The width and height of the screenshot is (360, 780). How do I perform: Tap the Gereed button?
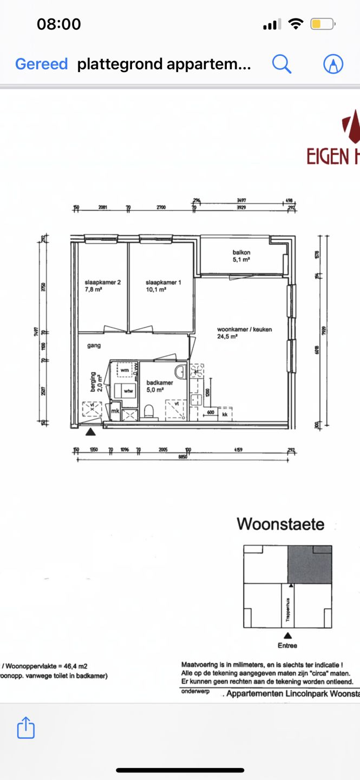41,64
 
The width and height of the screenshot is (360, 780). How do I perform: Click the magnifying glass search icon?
282,64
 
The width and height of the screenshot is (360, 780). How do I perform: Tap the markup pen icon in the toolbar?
333,64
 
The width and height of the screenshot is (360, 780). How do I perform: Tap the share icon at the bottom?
26,727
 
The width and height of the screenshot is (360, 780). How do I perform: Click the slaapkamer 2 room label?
102,285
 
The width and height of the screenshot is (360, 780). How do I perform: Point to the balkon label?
241,256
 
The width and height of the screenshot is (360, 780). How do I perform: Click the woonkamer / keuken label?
244,333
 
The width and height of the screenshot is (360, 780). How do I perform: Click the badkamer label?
160,386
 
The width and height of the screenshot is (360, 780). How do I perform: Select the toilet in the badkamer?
150,413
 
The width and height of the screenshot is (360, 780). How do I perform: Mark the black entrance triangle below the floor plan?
90,431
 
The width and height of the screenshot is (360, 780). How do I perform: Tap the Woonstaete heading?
280,524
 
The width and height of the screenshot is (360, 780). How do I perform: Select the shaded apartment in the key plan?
309,564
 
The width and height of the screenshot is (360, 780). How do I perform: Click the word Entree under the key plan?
288,645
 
